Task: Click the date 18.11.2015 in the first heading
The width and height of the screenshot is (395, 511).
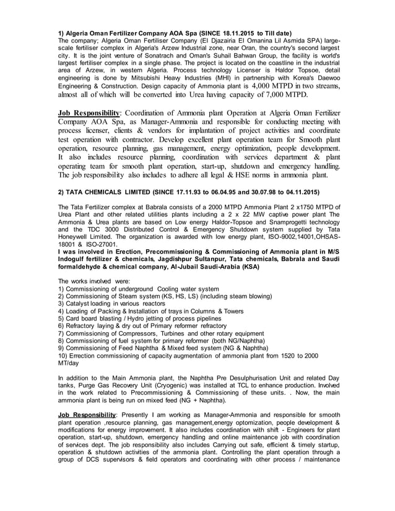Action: point(237,32)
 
